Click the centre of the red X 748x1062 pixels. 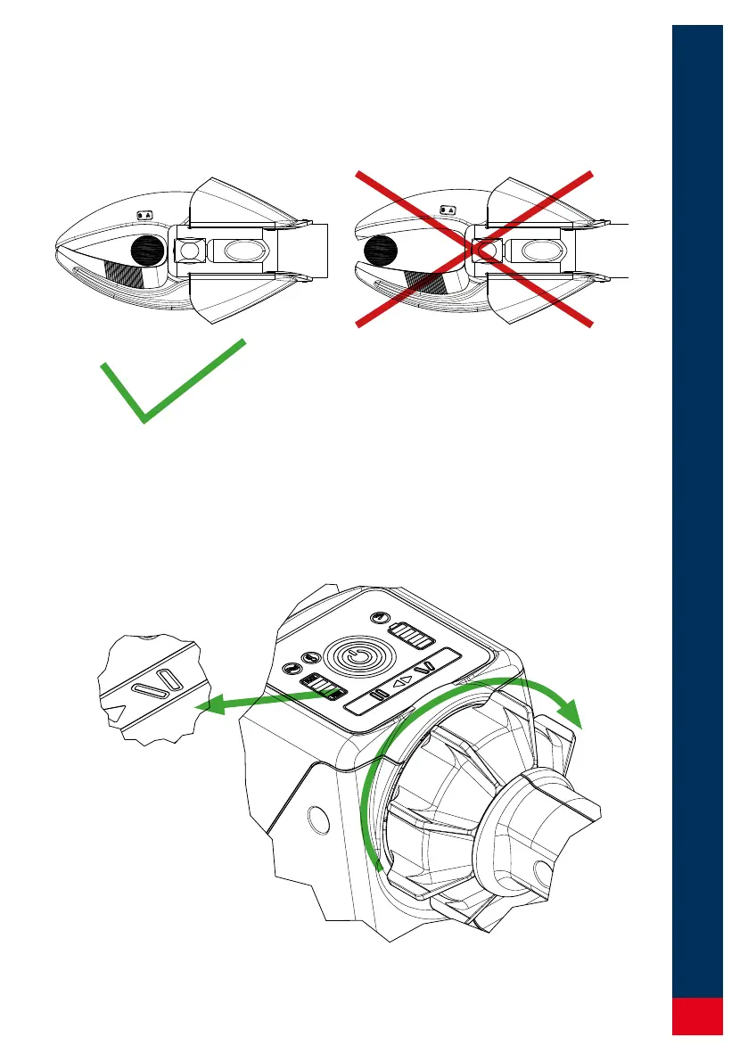[474, 249]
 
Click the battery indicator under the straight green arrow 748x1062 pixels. [325, 689]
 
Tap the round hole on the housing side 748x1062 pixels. [314, 816]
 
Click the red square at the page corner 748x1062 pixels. [697, 1017]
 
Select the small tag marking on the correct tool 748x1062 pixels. [146, 214]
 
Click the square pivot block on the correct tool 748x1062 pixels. [189, 251]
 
